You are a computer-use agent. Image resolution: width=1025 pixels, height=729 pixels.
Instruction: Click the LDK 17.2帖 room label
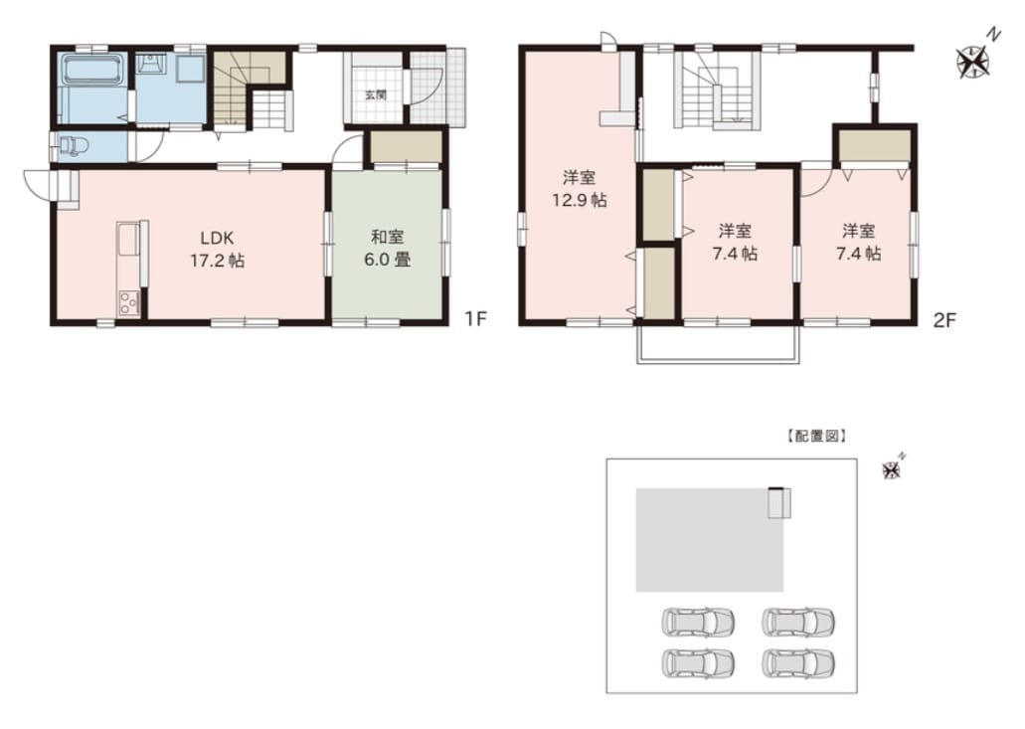(218, 249)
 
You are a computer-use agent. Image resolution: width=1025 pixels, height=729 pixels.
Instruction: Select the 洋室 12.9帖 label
(580, 188)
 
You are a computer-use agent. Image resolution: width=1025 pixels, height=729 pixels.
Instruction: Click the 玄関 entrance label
(375, 94)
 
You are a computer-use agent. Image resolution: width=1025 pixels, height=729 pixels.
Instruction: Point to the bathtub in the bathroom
(92, 70)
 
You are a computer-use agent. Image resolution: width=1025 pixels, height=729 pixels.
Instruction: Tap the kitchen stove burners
(128, 303)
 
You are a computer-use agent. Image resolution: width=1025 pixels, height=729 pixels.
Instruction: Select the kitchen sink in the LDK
(128, 241)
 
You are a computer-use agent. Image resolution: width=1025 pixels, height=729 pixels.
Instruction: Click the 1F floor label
(476, 319)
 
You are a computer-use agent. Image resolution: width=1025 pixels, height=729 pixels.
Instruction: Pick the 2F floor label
(943, 319)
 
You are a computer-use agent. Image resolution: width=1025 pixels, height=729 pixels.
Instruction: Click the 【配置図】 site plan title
(816, 436)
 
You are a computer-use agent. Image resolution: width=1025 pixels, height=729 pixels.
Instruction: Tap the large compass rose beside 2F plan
(974, 60)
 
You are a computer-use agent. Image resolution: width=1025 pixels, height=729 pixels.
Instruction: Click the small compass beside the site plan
(892, 468)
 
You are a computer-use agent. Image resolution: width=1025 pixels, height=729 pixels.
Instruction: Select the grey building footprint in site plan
(710, 540)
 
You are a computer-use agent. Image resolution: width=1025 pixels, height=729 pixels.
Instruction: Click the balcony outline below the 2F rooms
(719, 361)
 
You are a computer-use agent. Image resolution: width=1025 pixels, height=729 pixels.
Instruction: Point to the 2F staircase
(719, 91)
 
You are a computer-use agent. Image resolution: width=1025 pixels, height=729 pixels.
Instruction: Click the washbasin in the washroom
(152, 64)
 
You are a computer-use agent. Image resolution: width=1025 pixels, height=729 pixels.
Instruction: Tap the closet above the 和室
(406, 147)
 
